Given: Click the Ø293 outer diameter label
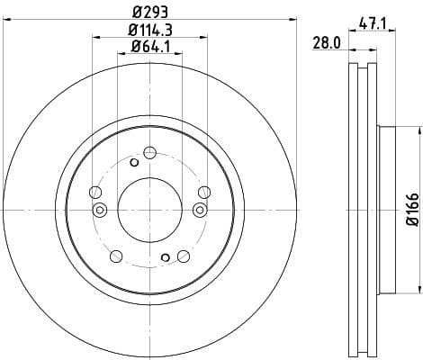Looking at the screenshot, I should pos(149,13).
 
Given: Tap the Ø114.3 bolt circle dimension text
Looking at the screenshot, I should pos(149,30).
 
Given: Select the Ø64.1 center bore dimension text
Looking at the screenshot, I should pos(149,46).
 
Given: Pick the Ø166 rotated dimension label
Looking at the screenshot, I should pos(411,210).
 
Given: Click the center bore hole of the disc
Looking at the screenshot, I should pos(149,209).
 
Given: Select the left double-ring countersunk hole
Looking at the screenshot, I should pos(100,210).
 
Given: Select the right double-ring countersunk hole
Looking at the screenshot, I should pos(200,210).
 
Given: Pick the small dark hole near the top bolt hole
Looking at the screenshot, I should pos(134,162).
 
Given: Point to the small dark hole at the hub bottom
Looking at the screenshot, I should pos(165,257).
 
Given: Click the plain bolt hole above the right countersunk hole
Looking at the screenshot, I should pos(204,191).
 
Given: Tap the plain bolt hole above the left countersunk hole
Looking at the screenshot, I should pos(94,191).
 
